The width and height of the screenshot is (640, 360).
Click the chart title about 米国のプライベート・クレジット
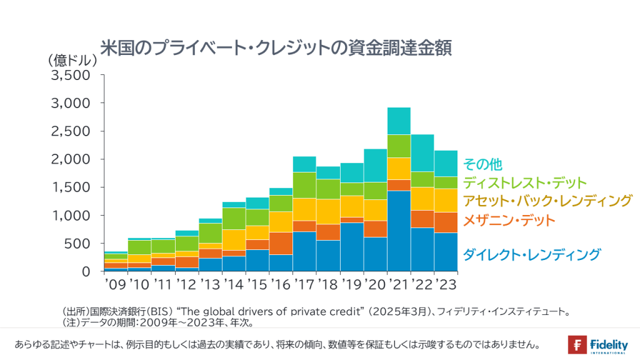[276, 47]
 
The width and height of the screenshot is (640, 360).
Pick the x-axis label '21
[398, 284]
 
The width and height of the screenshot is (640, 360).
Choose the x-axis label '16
[280, 284]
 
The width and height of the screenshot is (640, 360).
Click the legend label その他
[482, 164]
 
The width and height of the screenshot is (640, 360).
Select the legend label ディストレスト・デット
[525, 182]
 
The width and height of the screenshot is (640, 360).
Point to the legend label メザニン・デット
[509, 220]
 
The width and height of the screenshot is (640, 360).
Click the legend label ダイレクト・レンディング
[531, 254]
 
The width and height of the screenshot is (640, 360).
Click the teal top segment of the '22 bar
[422, 153]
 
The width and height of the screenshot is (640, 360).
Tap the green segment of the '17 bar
[304, 185]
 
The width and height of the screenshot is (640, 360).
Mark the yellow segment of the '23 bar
[446, 201]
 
